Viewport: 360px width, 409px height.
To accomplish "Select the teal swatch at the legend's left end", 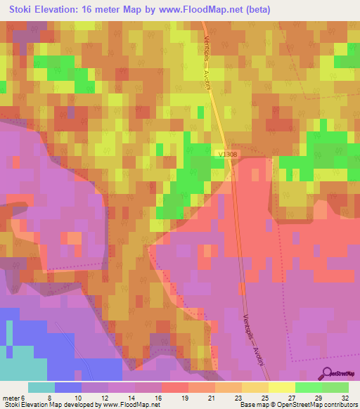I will [41, 387].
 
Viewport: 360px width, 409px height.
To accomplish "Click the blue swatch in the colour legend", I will [68, 387].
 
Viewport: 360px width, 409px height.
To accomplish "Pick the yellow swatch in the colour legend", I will [282, 387].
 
